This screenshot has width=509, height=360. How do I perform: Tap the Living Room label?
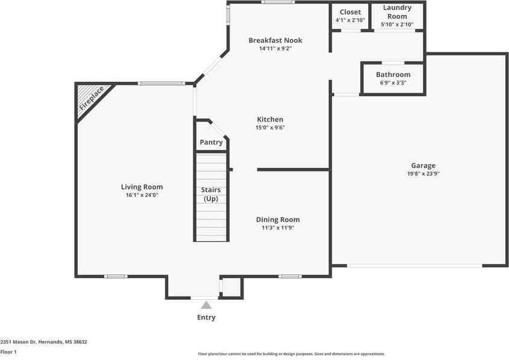click(x=142, y=187)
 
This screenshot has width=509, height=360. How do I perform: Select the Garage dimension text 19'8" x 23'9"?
click(x=423, y=173)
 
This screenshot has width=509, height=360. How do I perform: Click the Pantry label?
click(x=211, y=143)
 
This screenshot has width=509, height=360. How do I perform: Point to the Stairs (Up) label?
click(x=211, y=194)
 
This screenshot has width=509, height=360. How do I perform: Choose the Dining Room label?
click(x=277, y=220)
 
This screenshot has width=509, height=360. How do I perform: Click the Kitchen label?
click(x=269, y=119)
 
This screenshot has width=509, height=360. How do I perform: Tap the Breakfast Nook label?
click(x=275, y=40)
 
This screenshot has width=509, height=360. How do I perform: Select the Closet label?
click(x=350, y=12)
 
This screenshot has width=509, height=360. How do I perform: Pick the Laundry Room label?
click(x=398, y=12)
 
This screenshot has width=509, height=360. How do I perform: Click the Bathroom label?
click(x=393, y=75)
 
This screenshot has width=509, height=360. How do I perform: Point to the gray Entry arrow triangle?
click(x=206, y=305)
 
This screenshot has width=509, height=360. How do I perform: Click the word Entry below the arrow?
click(x=206, y=317)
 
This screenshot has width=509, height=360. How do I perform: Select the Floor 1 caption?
click(x=8, y=352)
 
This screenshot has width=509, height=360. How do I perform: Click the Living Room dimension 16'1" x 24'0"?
click(x=142, y=195)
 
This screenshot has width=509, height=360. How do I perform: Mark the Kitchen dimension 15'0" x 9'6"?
click(x=269, y=128)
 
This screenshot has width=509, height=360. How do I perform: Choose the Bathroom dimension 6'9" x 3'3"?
click(x=393, y=82)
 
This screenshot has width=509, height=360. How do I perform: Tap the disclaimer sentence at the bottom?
click(x=292, y=354)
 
